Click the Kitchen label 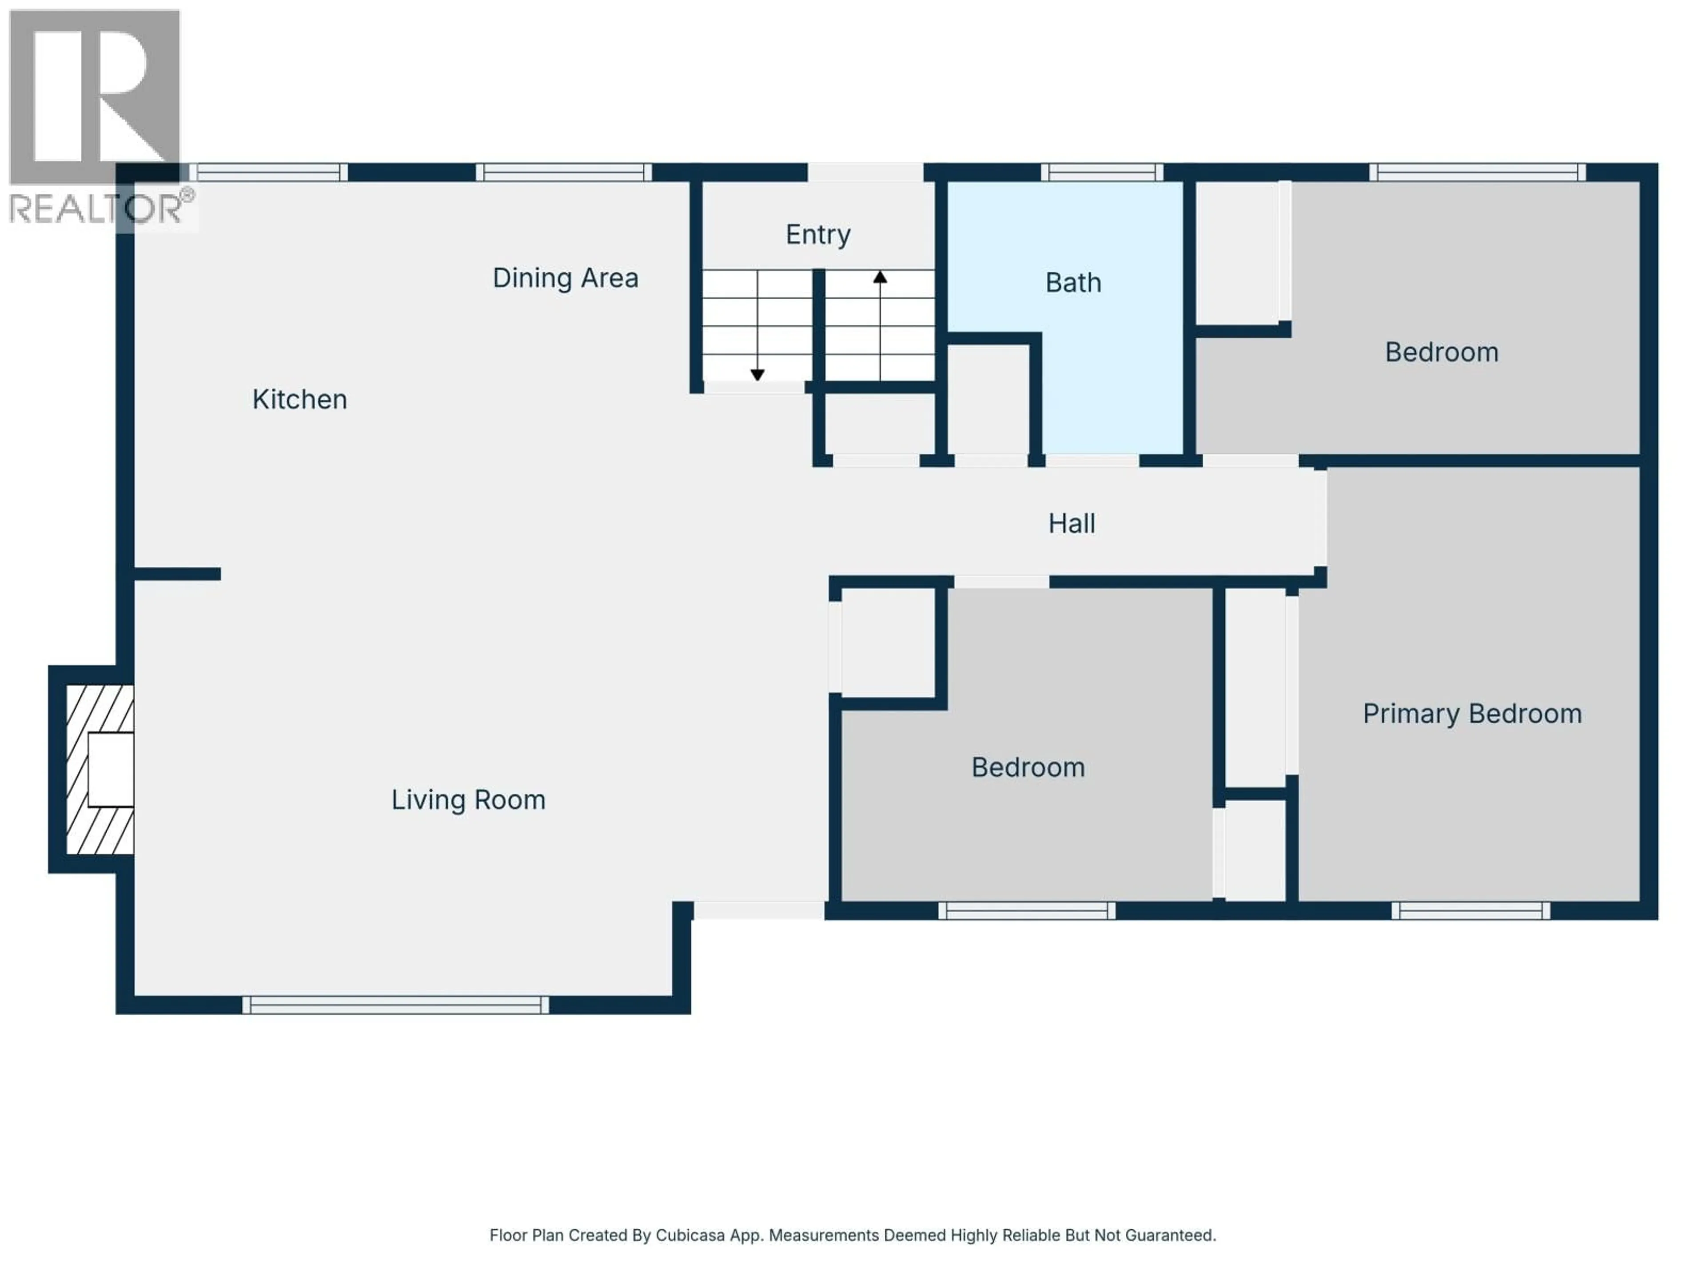[x=299, y=399]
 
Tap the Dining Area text [x=565, y=278]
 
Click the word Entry [x=817, y=234]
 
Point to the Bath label [x=1073, y=283]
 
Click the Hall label [x=1071, y=524]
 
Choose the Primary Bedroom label [x=1471, y=714]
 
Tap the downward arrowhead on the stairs [x=757, y=375]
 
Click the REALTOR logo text [x=96, y=209]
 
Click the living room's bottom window [x=396, y=1005]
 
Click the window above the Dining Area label [x=564, y=172]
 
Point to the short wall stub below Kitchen [x=177, y=574]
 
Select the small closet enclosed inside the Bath [x=988, y=399]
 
